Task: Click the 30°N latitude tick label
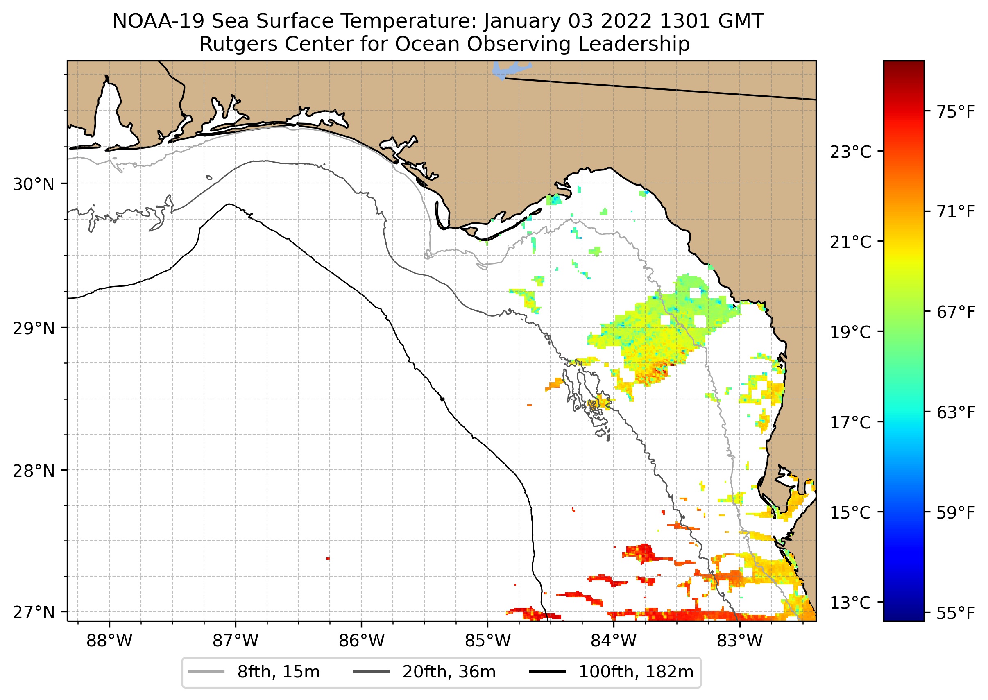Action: click(x=34, y=184)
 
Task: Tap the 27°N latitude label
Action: click(x=34, y=612)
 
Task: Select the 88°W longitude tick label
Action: click(x=109, y=641)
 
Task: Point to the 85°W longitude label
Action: click(x=487, y=641)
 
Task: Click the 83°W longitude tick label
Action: click(x=740, y=641)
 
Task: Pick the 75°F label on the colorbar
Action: click(x=955, y=112)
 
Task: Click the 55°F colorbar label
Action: click(x=955, y=612)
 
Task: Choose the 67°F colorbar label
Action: click(x=955, y=312)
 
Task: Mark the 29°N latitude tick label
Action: click(x=34, y=328)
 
